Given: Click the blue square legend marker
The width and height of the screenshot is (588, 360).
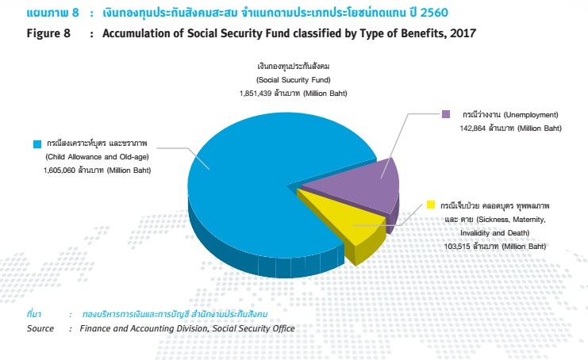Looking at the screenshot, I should tap(36, 144).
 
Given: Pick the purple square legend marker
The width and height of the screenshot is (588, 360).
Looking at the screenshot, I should tap(445, 114).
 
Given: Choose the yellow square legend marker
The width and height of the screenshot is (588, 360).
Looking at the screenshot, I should tap(432, 205).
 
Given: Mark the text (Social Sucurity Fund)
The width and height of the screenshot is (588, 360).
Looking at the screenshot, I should tap(293, 81).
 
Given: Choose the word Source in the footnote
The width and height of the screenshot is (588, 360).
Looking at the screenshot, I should tap(40, 328).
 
